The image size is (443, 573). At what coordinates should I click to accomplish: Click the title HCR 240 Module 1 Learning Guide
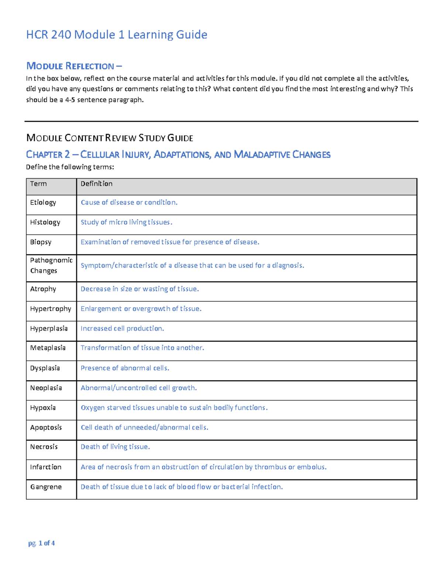tap(117, 35)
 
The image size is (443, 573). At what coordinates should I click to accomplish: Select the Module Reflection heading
tap(74, 66)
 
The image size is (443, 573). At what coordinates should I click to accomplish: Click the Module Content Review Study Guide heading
tap(110, 138)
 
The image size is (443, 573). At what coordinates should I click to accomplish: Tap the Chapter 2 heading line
tap(178, 154)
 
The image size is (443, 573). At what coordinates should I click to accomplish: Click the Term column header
tap(38, 184)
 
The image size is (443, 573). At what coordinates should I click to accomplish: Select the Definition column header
tap(96, 184)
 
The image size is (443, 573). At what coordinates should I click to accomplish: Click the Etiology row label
tap(43, 203)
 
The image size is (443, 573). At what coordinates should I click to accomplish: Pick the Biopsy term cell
tap(41, 242)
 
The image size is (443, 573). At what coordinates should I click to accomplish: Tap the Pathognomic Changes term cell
tap(51, 265)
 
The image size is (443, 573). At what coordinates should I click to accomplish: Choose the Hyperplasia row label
tap(49, 328)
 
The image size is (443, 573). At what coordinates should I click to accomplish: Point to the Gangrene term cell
tap(46, 487)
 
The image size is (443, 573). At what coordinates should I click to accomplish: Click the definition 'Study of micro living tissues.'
tap(126, 222)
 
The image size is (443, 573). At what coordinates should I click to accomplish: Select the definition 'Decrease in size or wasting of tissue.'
tap(140, 289)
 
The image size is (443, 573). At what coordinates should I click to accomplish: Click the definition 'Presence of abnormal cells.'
tap(125, 368)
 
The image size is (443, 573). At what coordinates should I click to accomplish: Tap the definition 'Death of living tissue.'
tap(115, 447)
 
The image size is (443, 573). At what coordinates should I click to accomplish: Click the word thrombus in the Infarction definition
tap(270, 467)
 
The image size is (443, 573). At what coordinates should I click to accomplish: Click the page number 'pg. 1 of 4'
tap(41, 543)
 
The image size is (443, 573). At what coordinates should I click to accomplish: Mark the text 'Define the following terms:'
tap(70, 167)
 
